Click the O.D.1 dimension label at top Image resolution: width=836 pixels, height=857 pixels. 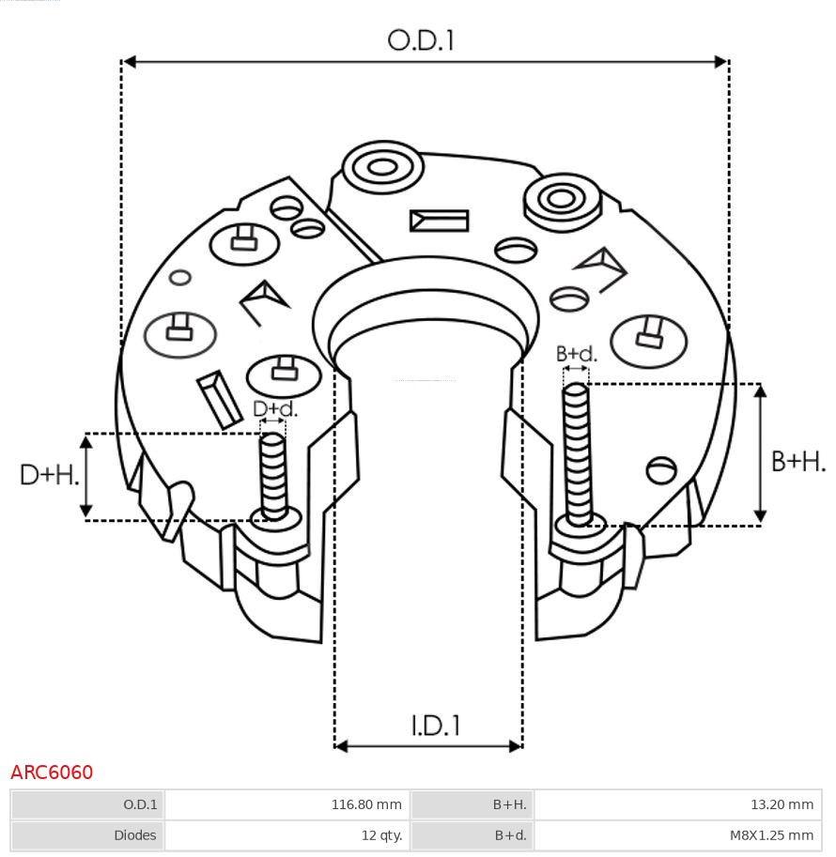pos(421,40)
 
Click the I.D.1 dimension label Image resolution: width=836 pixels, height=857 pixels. pos(435,725)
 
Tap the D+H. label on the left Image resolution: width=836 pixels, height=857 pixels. pos(49,475)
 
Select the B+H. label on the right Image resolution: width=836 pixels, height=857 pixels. pos(797,461)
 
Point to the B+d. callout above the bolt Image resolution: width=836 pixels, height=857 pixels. pos(576,354)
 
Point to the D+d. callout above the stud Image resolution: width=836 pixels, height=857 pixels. pos(274,409)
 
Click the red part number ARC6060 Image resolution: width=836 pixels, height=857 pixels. pos(52,773)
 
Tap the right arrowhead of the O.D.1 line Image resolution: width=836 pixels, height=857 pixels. pos(721,62)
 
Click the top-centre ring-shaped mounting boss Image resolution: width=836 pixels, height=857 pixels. pos(381,169)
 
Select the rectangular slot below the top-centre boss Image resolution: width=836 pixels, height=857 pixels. pos(439,221)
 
